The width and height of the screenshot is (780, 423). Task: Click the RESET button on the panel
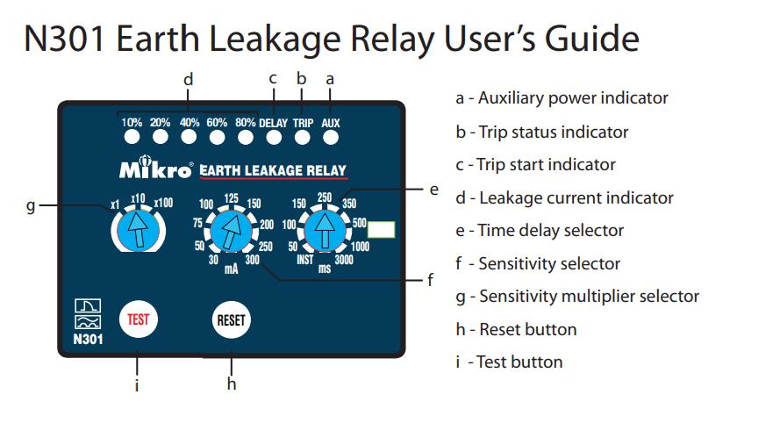(x=232, y=320)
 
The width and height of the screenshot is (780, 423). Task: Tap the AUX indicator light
(x=331, y=137)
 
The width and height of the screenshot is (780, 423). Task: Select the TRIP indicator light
(x=303, y=137)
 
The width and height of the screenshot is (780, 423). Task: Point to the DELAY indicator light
(x=274, y=137)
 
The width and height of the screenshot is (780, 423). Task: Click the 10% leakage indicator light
(x=132, y=136)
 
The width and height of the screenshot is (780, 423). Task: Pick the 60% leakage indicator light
(x=217, y=136)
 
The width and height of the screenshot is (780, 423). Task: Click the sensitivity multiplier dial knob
(x=139, y=230)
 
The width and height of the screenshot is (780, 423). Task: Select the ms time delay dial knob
(x=325, y=231)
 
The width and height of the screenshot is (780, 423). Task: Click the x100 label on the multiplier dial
(x=163, y=203)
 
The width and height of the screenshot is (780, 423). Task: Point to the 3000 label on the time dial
(x=344, y=259)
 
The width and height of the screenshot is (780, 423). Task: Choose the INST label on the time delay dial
(x=305, y=259)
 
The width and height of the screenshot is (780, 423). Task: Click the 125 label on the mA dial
(x=231, y=198)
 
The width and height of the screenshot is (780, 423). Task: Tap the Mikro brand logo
(x=156, y=168)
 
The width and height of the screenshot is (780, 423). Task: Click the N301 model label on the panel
(x=88, y=340)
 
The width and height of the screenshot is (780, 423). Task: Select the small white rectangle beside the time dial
(x=381, y=230)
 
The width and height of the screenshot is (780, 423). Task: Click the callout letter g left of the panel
(x=31, y=205)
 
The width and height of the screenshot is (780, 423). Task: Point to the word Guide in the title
(x=592, y=39)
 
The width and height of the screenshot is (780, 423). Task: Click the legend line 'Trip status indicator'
(x=541, y=132)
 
